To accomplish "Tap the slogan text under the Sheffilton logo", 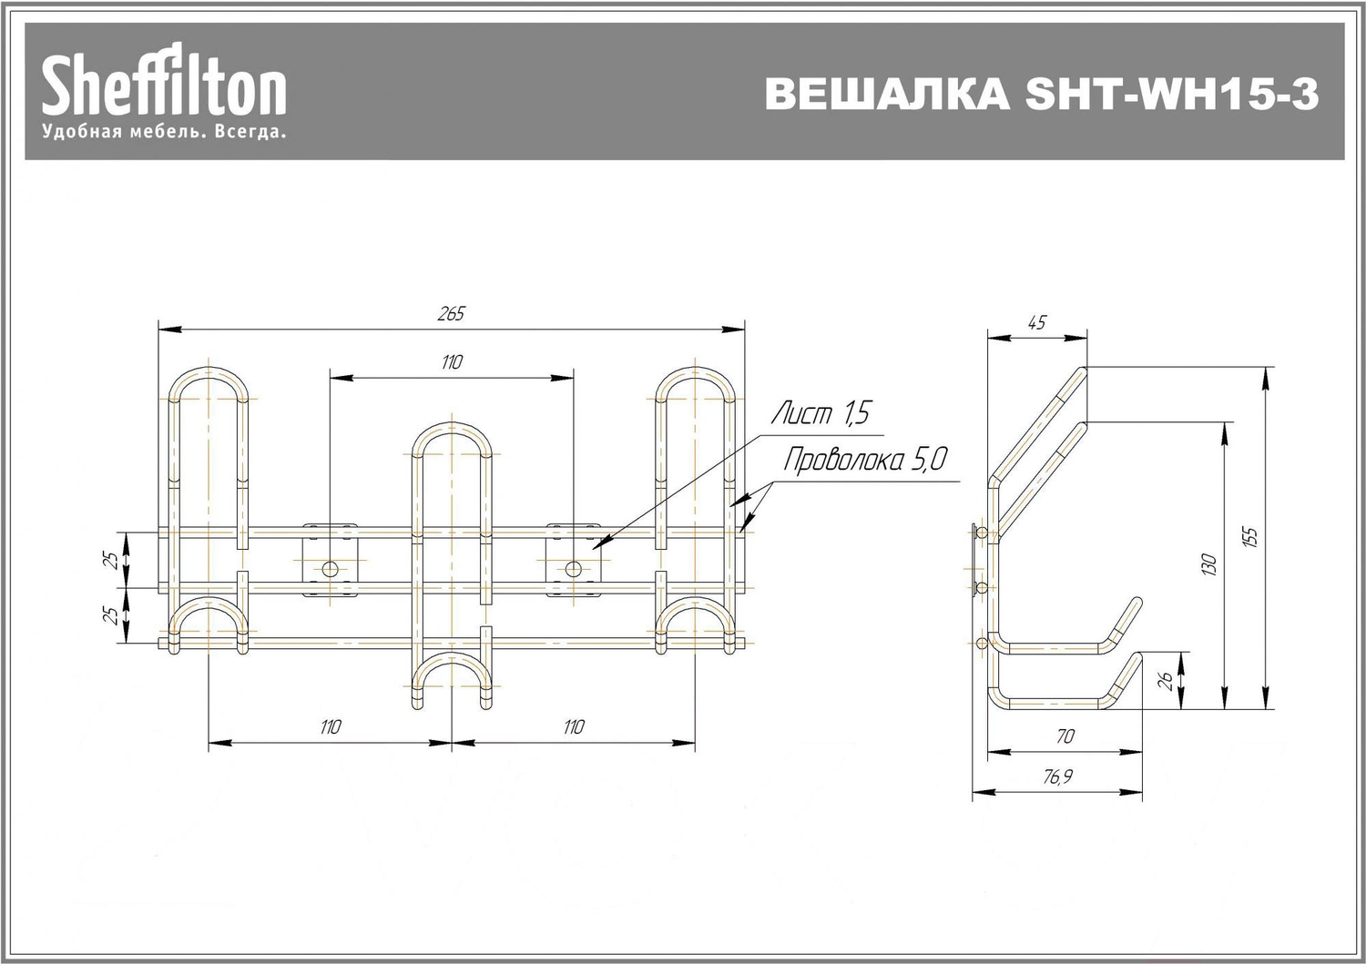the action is [x=163, y=132].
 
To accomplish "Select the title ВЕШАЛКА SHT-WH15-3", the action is [x=1042, y=93].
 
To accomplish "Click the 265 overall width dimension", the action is [x=451, y=313].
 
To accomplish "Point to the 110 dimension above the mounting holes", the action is [x=452, y=362].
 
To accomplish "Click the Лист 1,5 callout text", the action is [x=821, y=412].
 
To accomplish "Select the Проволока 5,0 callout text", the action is [x=865, y=459].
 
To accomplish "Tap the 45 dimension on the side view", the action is [x=1036, y=322].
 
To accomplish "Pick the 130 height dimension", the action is [x=1209, y=564].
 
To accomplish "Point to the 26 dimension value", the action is [x=1165, y=681].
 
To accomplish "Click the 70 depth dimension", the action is [x=1065, y=736].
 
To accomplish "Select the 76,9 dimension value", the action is [x=1056, y=776].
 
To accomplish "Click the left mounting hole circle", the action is [x=330, y=570].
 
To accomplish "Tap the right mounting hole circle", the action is [x=573, y=570].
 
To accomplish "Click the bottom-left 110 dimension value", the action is [x=331, y=726].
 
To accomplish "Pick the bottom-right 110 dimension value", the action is [x=573, y=726].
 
